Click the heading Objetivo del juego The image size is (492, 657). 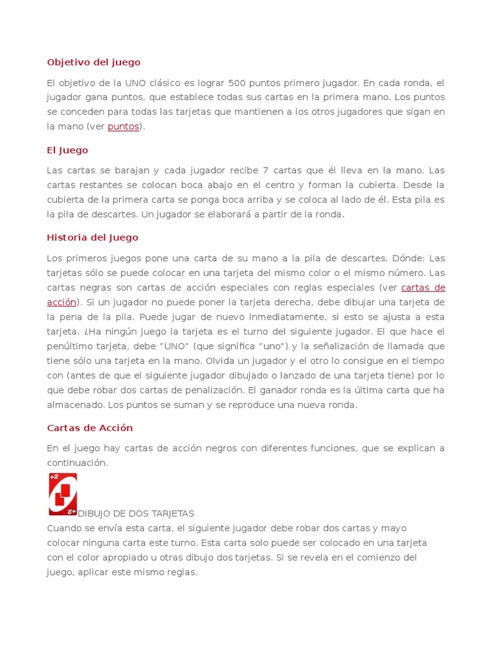pos(94,62)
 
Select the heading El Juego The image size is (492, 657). pos(67,150)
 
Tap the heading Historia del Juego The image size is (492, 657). pos(92,237)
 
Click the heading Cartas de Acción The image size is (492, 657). pos(90,428)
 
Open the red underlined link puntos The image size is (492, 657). pos(123,127)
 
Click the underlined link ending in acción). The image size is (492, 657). pos(61,302)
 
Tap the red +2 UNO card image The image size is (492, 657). pos(63,494)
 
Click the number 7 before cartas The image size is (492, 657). pos(265,171)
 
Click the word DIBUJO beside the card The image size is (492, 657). pos(95,514)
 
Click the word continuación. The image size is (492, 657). pos(76,463)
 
